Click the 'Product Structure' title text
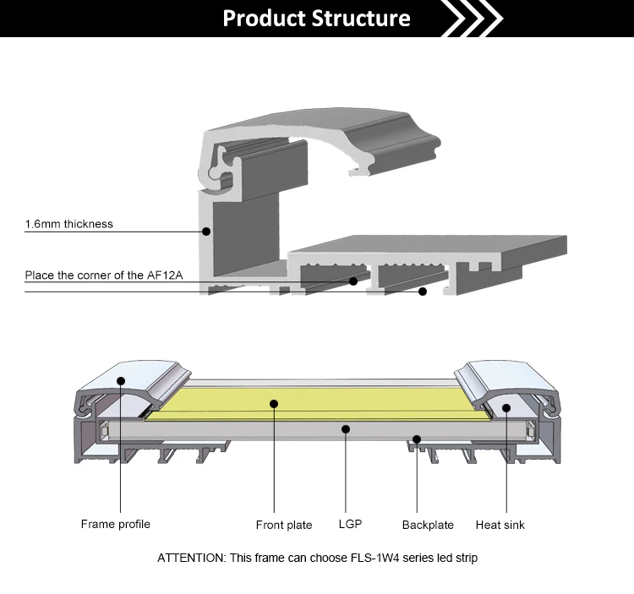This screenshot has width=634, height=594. tap(317, 19)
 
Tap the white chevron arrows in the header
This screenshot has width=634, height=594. tap(473, 19)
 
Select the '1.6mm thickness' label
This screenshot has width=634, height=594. tap(69, 224)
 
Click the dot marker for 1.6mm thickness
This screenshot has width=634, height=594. tap(206, 232)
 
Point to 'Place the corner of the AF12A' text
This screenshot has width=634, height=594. tap(104, 275)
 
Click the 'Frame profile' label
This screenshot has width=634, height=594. tap(116, 524)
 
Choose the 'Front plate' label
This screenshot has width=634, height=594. tap(284, 525)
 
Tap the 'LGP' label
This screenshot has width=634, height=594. tap(350, 524)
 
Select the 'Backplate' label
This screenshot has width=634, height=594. tap(428, 525)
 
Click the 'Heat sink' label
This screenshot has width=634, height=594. tap(500, 525)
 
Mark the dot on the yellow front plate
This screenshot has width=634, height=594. tap(274, 404)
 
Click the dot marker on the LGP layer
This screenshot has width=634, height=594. tap(346, 429)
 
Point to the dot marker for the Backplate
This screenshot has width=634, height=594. tap(417, 439)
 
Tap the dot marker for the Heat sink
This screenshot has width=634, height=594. tap(506, 408)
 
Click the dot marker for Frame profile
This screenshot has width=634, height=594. tap(121, 380)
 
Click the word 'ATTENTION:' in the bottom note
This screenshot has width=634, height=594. tap(192, 558)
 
